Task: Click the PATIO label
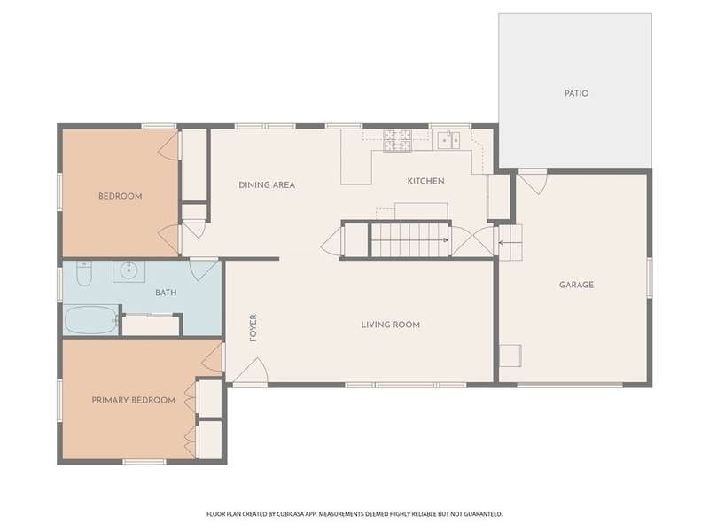(576, 93)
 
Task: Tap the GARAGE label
(576, 285)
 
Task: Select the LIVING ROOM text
(390, 325)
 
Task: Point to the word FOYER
(253, 327)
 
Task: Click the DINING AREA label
(267, 184)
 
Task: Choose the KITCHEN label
(425, 181)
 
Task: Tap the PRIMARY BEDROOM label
(134, 400)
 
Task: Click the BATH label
(166, 293)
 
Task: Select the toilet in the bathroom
(84, 273)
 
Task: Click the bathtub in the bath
(90, 320)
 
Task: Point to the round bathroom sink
(129, 271)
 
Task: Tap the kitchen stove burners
(397, 140)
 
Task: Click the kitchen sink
(448, 140)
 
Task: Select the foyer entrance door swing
(252, 371)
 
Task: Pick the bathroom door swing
(204, 270)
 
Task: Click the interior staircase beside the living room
(409, 239)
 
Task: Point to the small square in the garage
(510, 356)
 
